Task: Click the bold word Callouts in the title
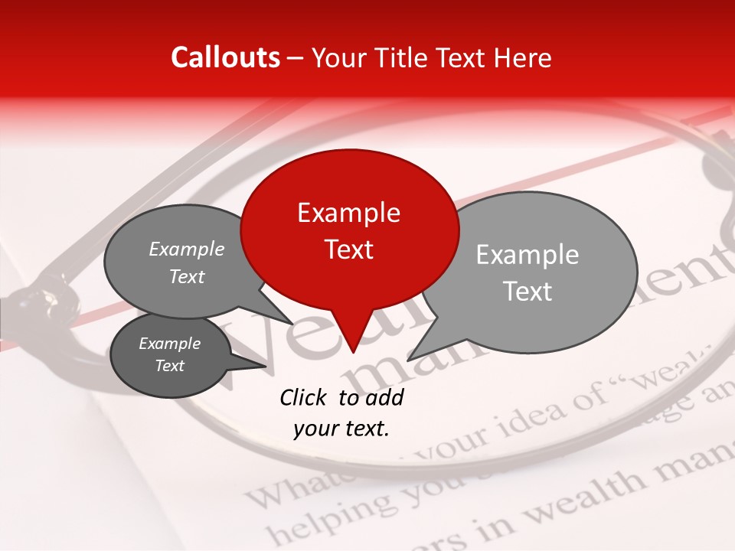tap(225, 57)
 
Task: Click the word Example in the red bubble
tap(348, 213)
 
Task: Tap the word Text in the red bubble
tap(348, 249)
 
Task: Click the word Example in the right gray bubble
tap(528, 255)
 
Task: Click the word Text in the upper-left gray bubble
tap(187, 277)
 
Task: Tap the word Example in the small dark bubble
tap(169, 344)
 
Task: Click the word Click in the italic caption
tap(303, 397)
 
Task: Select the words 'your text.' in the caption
tap(341, 429)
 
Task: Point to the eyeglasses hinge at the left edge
tap(34, 302)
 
